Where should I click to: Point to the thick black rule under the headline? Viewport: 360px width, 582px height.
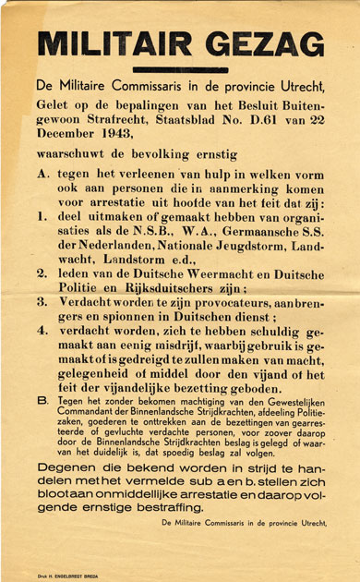pyautogui.click(x=180, y=70)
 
